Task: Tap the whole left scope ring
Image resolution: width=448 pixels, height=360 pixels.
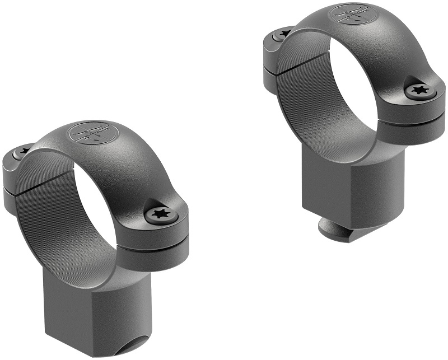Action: coord(95,235)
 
